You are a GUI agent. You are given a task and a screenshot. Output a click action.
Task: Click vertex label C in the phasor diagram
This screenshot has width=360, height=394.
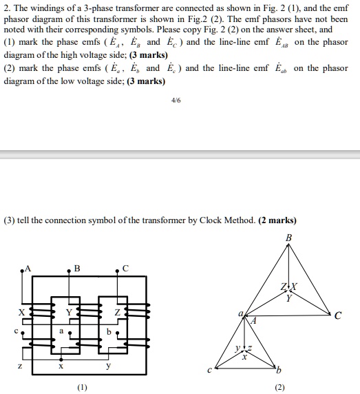coord(337,317)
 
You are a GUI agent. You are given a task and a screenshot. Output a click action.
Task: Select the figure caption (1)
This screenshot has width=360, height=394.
coord(83,388)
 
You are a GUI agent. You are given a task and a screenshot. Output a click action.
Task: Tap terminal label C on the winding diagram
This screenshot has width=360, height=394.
coord(125,268)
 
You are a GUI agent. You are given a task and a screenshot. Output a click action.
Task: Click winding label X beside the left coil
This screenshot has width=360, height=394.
coord(21,312)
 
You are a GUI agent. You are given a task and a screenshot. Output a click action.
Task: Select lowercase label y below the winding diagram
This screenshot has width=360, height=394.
coord(107,367)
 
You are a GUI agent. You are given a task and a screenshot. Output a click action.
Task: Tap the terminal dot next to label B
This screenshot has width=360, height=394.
coord(68,273)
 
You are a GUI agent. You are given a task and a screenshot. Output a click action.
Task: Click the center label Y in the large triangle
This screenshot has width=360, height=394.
coord(289,298)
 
